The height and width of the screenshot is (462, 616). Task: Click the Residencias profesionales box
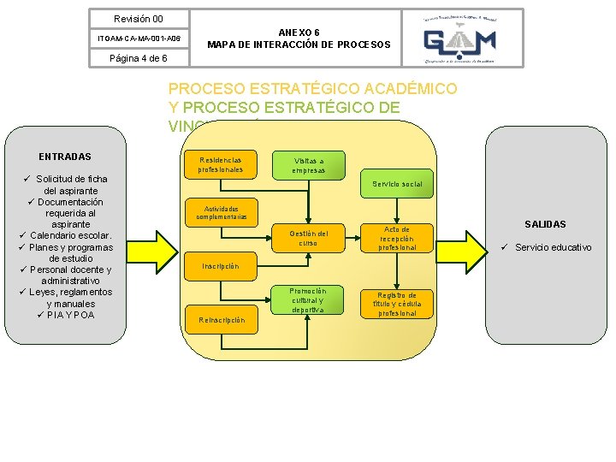[220, 164]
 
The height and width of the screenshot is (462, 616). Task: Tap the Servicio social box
[397, 184]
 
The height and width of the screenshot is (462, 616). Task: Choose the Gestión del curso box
[308, 238]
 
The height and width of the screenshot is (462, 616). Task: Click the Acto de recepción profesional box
[397, 239]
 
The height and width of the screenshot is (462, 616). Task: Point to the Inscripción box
[220, 266]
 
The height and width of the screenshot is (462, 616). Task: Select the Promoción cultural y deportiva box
[308, 300]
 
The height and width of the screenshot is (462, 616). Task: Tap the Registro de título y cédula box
[397, 304]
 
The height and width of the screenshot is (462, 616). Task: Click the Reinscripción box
[222, 320]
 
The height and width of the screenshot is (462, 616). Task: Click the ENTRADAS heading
[65, 157]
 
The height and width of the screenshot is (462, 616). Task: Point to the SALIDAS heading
[545, 224]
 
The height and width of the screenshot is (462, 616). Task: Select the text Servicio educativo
[553, 247]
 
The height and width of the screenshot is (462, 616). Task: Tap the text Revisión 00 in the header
[139, 19]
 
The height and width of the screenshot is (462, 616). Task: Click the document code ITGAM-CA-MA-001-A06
[139, 38]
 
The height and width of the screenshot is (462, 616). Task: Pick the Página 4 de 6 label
[139, 58]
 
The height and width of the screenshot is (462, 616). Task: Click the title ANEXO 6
[299, 32]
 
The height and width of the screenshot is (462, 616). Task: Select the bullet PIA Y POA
[72, 315]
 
